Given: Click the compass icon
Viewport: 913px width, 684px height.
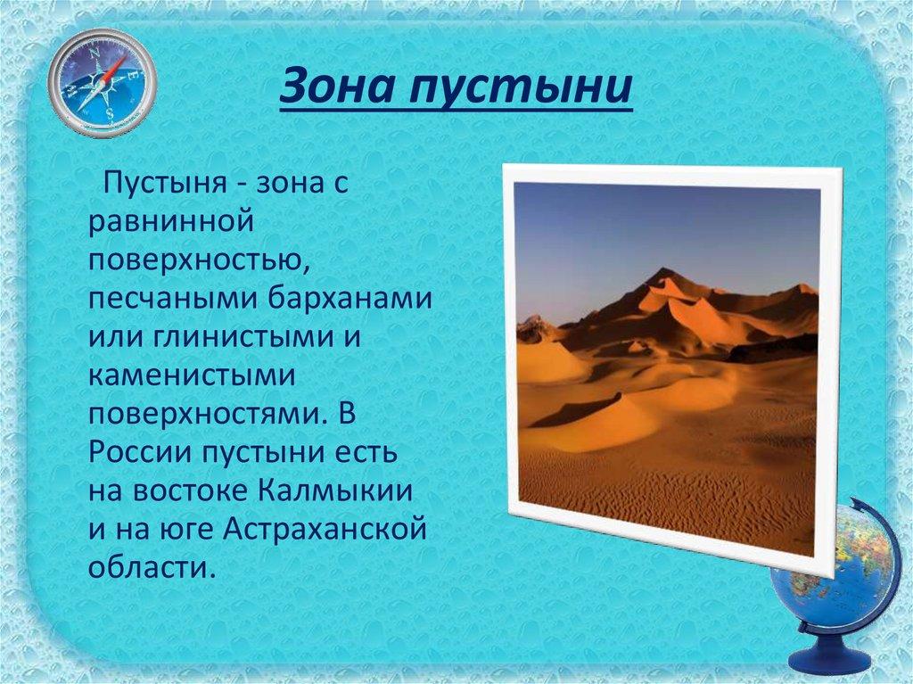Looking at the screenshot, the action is click(x=103, y=83).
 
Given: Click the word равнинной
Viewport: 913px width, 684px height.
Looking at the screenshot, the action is click(x=171, y=223).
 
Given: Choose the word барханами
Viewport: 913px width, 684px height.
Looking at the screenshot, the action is click(x=350, y=299).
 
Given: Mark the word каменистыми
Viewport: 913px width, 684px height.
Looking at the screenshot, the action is click(x=193, y=375).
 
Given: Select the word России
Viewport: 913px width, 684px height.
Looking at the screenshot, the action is click(x=140, y=453).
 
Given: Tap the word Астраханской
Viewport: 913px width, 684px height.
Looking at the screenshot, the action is click(x=325, y=530).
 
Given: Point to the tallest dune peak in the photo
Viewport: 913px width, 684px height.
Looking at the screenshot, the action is click(x=661, y=269).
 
